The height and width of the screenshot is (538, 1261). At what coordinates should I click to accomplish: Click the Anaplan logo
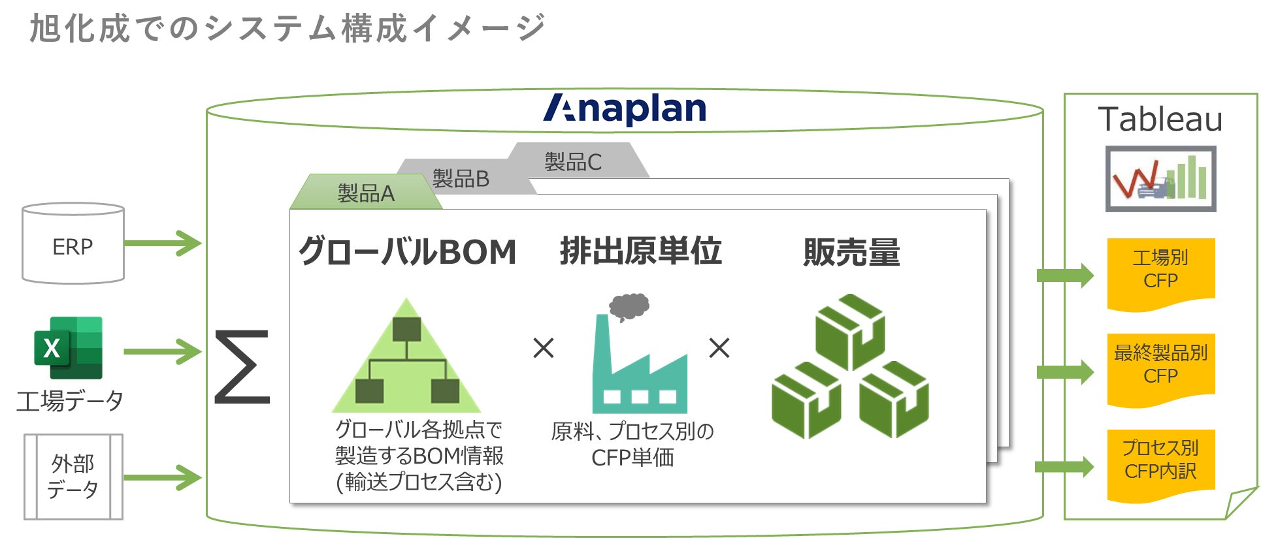coord(625,109)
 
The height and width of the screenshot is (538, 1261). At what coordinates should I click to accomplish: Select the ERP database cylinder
coord(73,244)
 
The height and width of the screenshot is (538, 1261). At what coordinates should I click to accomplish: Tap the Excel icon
coord(69,347)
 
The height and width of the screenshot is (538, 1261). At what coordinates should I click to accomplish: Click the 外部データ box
coord(73,477)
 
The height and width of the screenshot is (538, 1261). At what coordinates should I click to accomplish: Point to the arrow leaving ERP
coord(162,243)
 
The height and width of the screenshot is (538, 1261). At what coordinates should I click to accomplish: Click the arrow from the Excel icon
coord(162,351)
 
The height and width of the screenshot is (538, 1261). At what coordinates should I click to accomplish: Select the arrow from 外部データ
coord(162,477)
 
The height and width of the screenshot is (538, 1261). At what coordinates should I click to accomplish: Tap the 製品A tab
coord(366,193)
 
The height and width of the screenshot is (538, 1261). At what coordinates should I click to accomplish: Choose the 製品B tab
coord(461,178)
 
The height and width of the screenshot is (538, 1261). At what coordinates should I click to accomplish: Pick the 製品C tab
coord(573,161)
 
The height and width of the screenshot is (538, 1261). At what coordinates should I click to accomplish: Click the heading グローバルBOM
coord(408,252)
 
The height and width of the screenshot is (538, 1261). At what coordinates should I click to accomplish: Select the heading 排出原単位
coord(640,251)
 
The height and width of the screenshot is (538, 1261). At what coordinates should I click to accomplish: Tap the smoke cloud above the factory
coord(629,306)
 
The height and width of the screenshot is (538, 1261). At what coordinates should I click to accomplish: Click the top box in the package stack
coord(850,331)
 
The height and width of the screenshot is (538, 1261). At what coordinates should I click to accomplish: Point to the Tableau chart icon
coord(1160,178)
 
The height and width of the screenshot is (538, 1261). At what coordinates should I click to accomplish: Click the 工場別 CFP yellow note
coord(1160,270)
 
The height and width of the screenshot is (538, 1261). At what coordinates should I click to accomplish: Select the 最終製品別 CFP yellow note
coord(1160,366)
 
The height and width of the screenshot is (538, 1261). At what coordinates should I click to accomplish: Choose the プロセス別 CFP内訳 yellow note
coord(1160,461)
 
